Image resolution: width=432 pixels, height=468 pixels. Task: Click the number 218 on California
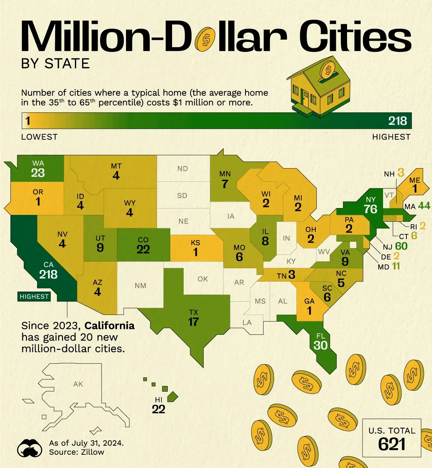48,275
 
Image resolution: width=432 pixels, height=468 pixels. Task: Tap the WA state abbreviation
38,163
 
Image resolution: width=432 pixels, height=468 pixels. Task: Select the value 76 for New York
370,209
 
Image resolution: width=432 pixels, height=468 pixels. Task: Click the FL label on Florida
320,336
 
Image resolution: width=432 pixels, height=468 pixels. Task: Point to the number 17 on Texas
193,322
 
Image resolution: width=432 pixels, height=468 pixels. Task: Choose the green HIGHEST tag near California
34,297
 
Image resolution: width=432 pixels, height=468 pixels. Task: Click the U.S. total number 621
392,444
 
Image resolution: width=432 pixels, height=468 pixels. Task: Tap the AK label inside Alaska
78,384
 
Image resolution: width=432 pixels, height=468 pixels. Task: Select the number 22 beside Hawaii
158,409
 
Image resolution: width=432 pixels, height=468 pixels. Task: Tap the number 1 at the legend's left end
28,121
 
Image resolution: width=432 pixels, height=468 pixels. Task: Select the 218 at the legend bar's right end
397,121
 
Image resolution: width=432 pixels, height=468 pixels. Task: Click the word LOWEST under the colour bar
39,137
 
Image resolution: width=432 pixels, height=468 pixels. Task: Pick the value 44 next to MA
424,206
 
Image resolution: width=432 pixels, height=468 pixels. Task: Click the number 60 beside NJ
401,246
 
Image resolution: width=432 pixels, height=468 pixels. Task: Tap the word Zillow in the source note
92,452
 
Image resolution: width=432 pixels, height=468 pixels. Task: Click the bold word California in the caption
110,326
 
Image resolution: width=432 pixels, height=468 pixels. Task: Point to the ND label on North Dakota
183,168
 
